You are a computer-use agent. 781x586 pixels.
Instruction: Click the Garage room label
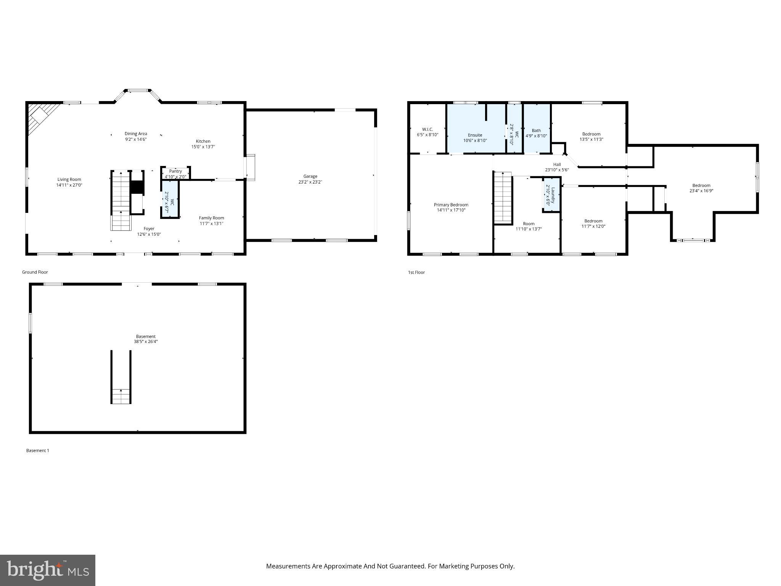310,176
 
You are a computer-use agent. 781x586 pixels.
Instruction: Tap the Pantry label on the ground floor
175,171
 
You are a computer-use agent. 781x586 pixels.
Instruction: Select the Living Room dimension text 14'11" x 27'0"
69,185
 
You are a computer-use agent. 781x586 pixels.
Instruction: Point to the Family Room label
211,218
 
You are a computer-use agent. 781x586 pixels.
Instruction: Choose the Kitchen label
203,141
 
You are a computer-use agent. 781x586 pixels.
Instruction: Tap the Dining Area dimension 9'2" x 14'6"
136,139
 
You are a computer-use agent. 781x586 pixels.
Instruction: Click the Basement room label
145,336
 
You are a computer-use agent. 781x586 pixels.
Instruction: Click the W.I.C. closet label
427,129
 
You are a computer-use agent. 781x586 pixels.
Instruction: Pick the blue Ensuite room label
475,135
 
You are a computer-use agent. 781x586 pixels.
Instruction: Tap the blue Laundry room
551,195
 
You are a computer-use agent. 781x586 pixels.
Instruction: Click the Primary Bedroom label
451,205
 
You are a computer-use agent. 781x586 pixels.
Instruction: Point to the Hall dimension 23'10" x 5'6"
557,170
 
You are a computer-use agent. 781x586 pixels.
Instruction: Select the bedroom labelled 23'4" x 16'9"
701,188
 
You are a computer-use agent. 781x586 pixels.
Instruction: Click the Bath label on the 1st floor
536,130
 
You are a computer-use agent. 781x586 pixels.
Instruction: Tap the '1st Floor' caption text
416,272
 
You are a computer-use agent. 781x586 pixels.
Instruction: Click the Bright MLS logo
47,570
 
